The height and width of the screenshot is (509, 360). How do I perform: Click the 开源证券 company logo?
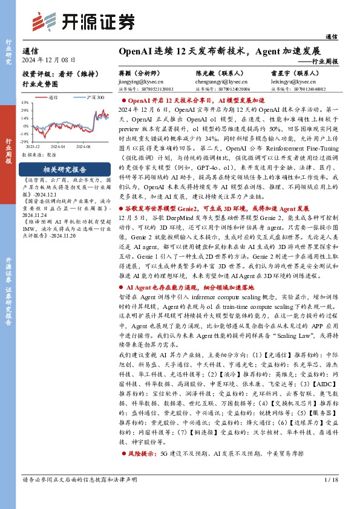click(83, 22)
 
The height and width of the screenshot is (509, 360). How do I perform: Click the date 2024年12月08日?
click(49, 60)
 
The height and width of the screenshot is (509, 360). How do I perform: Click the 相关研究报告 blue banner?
click(56, 169)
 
